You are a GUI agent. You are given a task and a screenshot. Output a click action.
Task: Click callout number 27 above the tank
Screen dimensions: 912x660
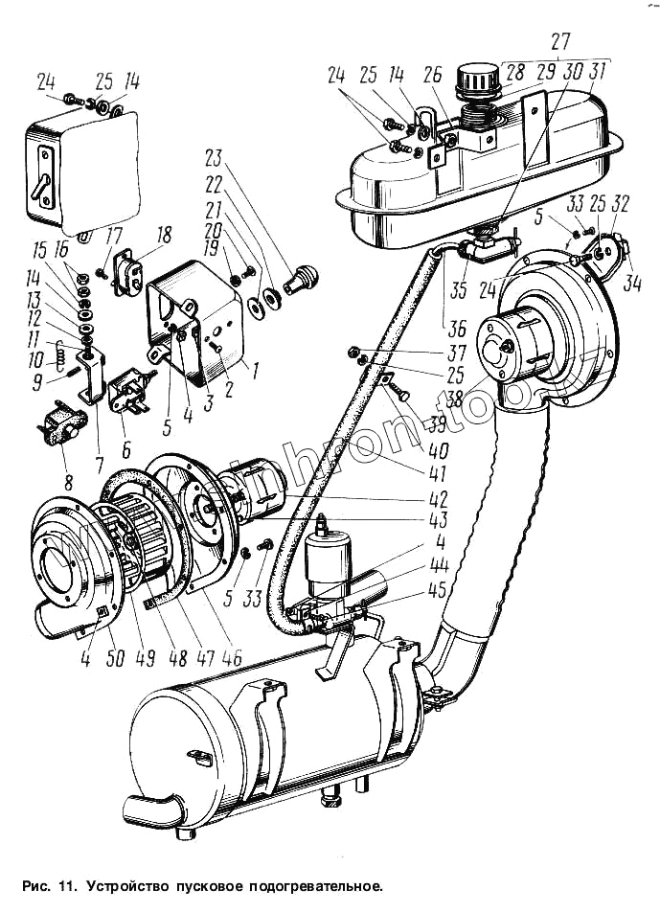[x=560, y=41]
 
